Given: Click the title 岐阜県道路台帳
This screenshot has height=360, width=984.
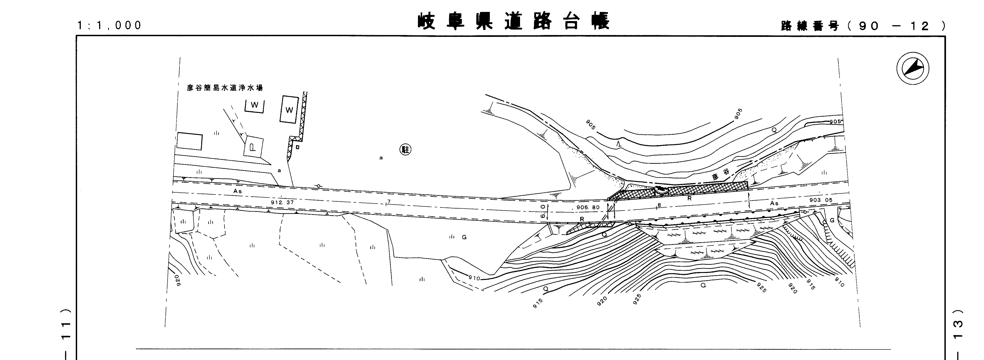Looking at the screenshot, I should pos(514,21).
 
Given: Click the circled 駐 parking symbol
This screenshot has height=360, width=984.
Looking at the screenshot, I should pos(405,149).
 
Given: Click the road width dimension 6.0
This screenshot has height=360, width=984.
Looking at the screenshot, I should pos(543,211).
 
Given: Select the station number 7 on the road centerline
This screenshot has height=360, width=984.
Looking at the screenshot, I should pos(389,201).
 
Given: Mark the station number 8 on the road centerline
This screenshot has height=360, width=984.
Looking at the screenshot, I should pos(659,205).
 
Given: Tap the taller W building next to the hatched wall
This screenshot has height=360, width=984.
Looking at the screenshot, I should pos(289,110).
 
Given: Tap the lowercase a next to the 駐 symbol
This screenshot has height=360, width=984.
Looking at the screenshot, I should pos(381,158).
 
